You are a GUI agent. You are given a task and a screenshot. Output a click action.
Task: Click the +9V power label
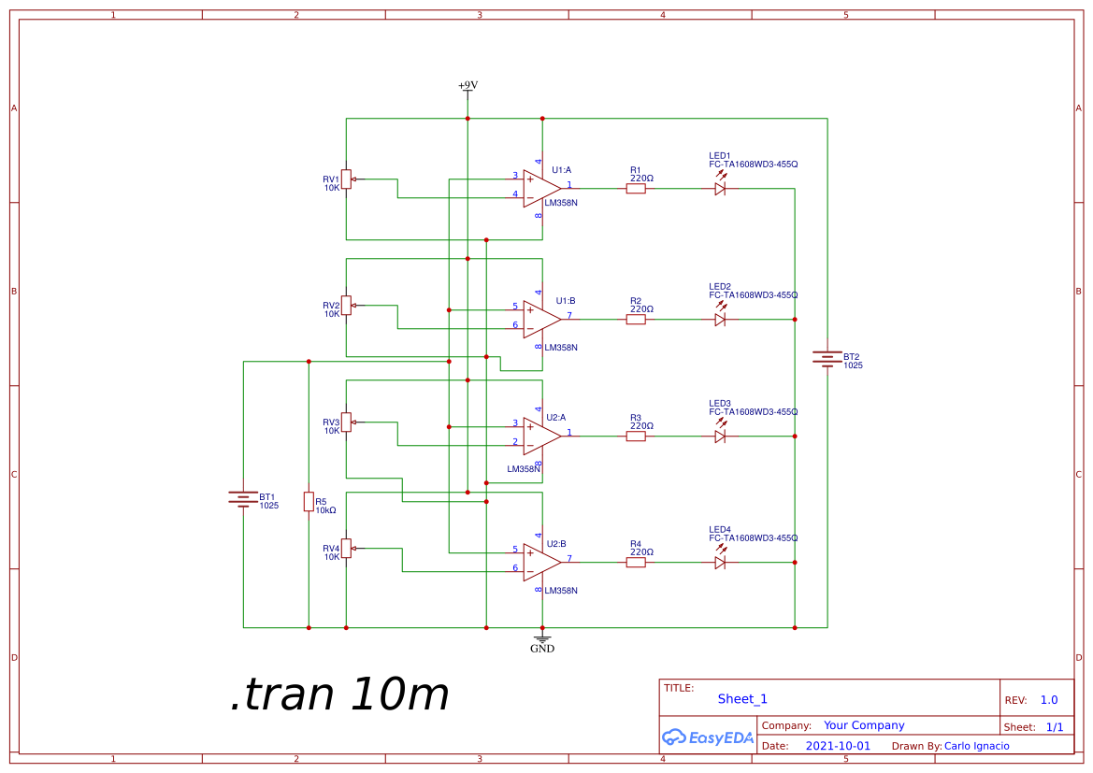point(467,86)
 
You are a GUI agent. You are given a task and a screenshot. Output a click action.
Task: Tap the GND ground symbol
point(542,642)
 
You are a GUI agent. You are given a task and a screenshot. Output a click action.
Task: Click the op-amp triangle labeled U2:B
point(541,562)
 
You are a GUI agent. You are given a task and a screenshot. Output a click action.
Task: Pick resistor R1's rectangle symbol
point(636,188)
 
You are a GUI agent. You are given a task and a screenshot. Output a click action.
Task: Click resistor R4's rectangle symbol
point(636,562)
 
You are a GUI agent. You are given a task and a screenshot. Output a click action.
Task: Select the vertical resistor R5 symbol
point(309,502)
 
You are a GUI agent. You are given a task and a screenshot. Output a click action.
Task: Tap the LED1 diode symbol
point(720,188)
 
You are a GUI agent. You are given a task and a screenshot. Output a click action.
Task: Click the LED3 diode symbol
point(720,436)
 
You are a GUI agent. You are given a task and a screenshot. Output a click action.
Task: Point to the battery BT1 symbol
point(243,499)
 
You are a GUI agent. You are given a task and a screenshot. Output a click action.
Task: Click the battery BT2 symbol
point(827,359)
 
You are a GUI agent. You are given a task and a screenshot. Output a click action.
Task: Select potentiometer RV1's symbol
point(346,179)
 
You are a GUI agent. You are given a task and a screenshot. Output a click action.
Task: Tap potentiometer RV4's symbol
point(346,548)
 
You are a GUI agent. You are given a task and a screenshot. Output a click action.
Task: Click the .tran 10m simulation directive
point(340,694)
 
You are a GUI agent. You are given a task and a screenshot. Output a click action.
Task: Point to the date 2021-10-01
point(838,746)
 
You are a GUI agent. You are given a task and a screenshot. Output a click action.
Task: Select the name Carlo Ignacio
point(976,746)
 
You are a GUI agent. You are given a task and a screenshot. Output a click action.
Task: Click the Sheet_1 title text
point(742,699)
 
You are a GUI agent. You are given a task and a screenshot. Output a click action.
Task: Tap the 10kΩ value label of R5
point(325,510)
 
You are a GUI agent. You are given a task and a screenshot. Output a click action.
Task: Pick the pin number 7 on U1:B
point(569,315)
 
